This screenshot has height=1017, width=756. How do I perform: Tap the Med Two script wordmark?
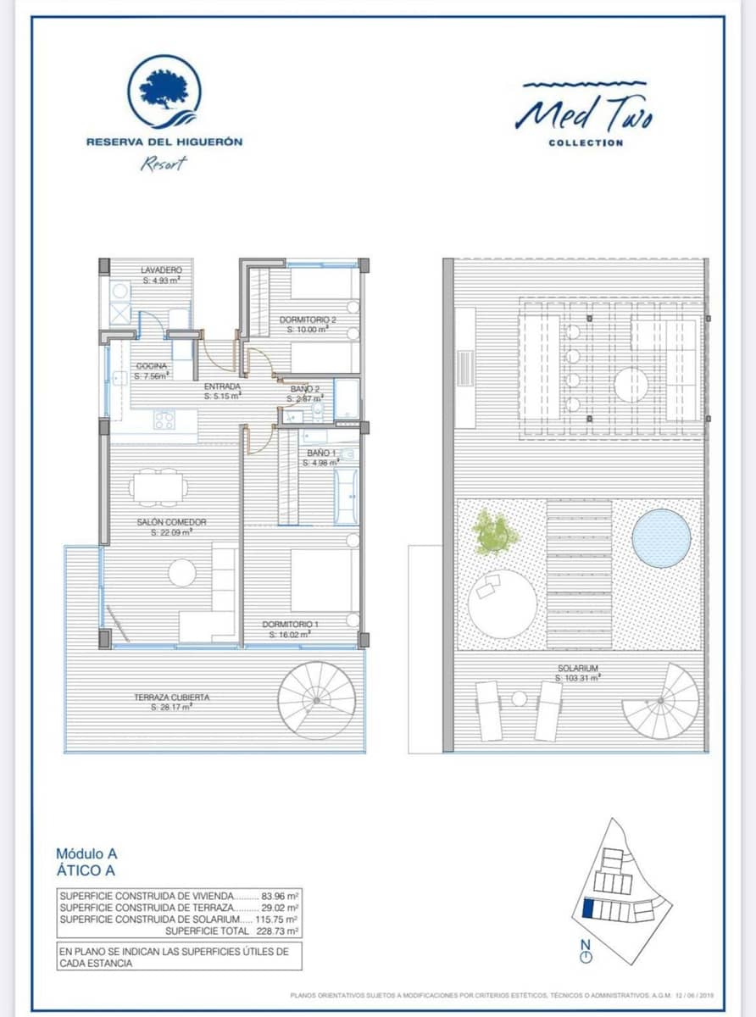(584, 113)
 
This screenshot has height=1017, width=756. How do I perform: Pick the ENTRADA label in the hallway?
(223, 390)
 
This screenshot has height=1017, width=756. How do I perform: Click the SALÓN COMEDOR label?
(171, 527)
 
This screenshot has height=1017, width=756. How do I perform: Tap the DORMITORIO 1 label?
(292, 628)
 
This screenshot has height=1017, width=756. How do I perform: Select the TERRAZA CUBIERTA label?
(171, 701)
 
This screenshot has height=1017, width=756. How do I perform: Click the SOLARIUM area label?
(577, 673)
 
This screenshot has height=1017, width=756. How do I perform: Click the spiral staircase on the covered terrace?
(317, 700)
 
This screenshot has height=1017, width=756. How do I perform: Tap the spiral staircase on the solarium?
(664, 702)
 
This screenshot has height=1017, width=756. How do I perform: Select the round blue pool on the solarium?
(660, 538)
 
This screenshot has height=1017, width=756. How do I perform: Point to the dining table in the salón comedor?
(159, 487)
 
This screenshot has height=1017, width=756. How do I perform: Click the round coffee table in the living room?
(181, 574)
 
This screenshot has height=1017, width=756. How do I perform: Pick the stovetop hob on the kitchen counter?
(164, 420)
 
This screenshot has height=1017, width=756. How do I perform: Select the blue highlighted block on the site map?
(588, 910)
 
